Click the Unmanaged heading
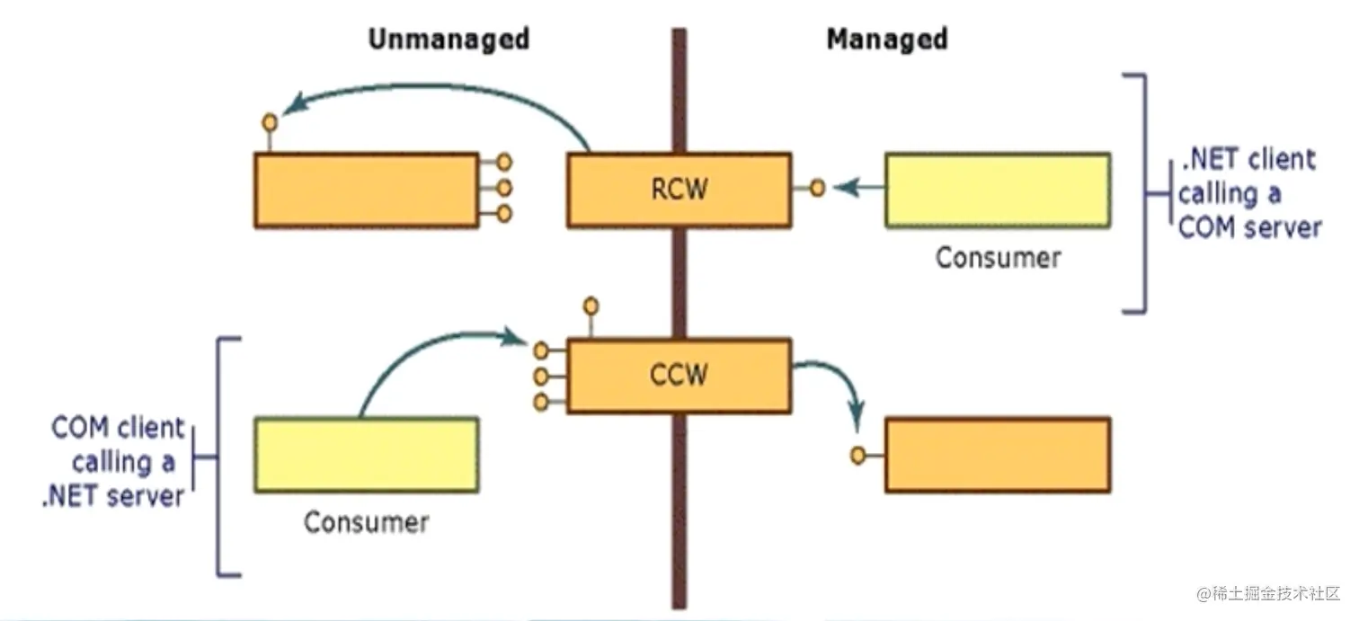pos(449,40)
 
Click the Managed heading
pos(886,40)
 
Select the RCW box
pos(679,190)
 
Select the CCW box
pos(679,375)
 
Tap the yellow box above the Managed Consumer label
pos(998,190)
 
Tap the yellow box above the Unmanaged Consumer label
pos(366,454)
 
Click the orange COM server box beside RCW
pos(366,190)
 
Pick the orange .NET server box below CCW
pos(998,454)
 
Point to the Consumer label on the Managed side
pos(998,258)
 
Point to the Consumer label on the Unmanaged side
pos(366,522)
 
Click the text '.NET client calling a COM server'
pos(1249,194)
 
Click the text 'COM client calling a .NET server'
pos(117,462)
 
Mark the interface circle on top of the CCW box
pos(591,306)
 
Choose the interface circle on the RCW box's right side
pos(817,189)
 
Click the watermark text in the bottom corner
pos(1268,594)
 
